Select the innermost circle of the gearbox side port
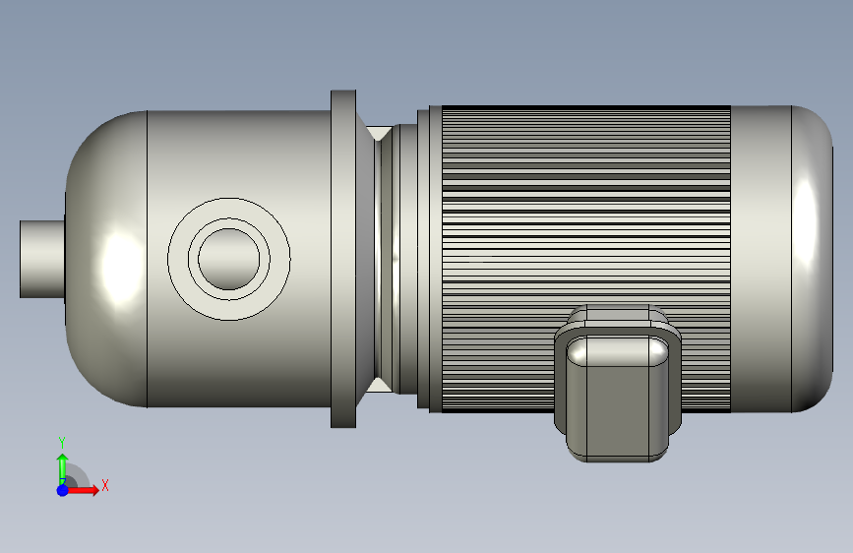tap(233, 258)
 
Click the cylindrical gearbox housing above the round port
tap(236, 148)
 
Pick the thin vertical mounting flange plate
tap(343, 259)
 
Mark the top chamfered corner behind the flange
tap(377, 132)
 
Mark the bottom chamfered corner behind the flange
tap(377, 385)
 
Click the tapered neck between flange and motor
tap(386, 259)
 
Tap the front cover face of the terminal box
tap(617, 394)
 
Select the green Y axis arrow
tap(62, 464)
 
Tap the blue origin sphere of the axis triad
tap(62, 489)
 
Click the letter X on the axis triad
tap(104, 485)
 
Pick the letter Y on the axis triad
tap(62, 442)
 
